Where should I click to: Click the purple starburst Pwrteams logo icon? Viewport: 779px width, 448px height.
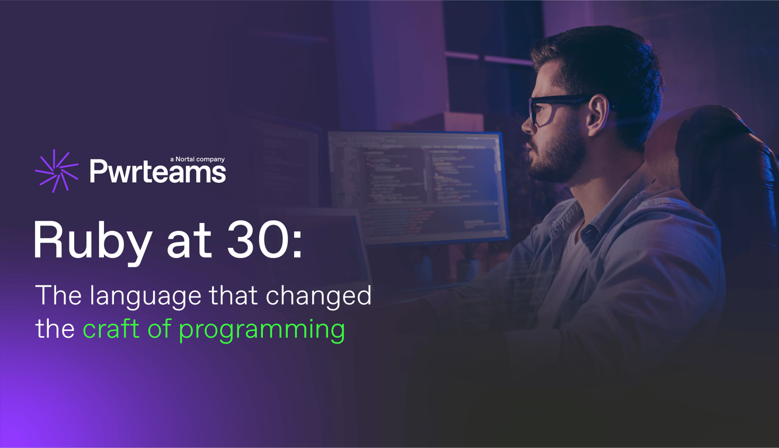click(57, 171)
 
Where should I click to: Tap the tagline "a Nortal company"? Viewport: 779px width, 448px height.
click(197, 159)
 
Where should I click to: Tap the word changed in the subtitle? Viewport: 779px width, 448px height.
click(318, 295)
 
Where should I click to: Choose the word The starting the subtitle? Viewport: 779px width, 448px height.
click(58, 295)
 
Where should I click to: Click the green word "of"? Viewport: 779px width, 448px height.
click(159, 329)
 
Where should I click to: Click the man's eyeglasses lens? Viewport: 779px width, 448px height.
click(536, 112)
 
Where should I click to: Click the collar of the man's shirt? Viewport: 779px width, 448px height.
click(588, 222)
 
